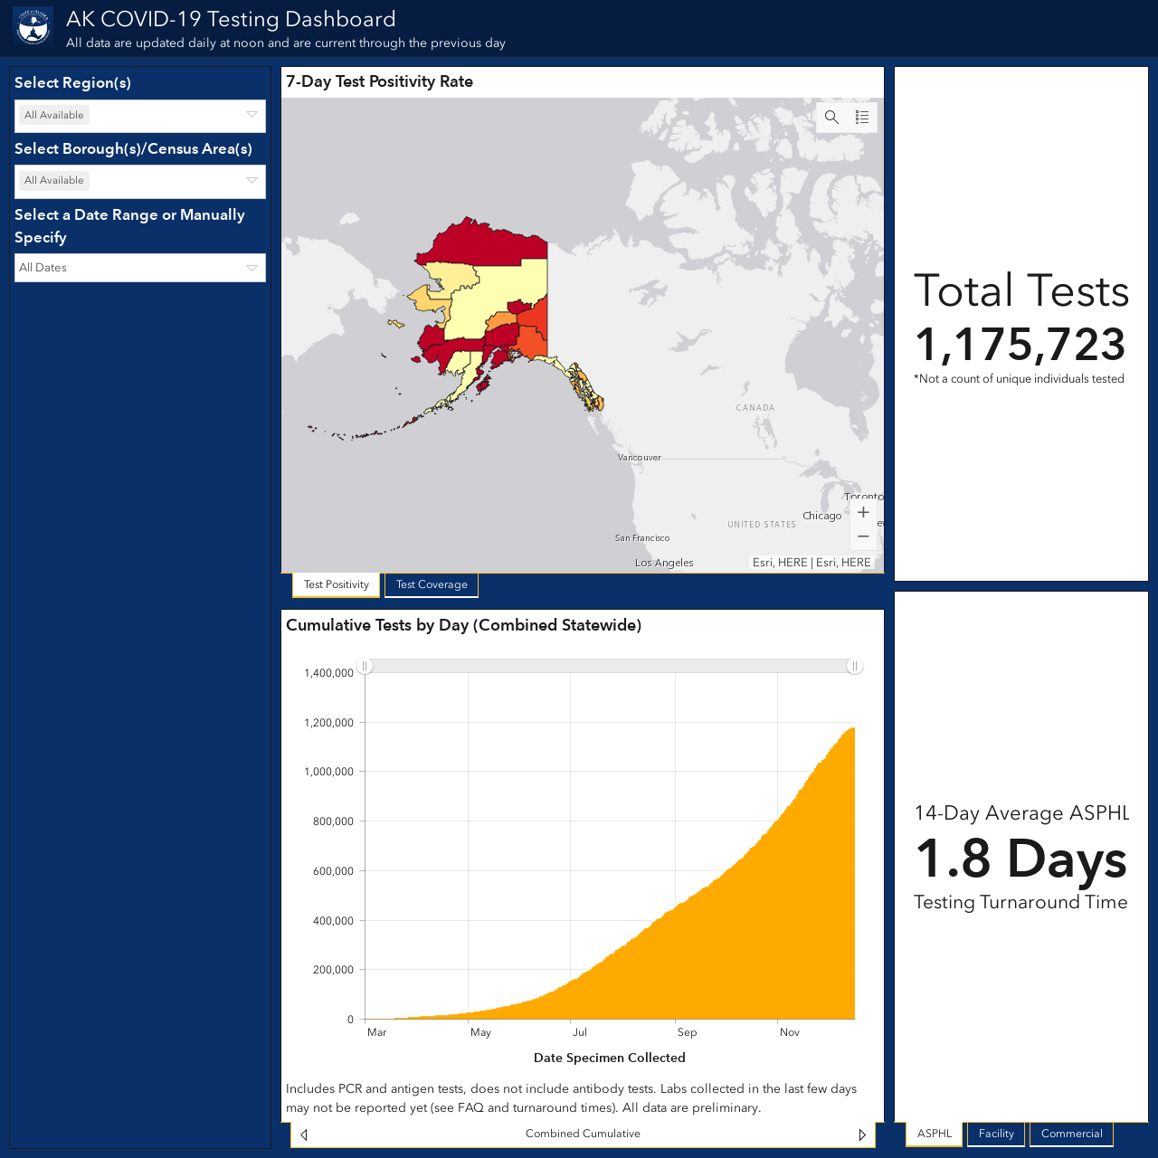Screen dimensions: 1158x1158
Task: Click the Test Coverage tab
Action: tap(432, 584)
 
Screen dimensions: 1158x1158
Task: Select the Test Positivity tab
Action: tap(336, 584)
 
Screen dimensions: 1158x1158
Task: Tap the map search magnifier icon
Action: tap(831, 118)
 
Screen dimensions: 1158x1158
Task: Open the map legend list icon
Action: tap(862, 118)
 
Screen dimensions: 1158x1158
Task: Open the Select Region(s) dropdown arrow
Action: tap(252, 115)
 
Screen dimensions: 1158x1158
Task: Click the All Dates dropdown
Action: tap(140, 268)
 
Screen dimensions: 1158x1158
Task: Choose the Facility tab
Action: tap(996, 1134)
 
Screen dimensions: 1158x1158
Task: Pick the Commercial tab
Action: tap(1071, 1134)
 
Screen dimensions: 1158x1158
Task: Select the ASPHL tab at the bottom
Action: tap(935, 1134)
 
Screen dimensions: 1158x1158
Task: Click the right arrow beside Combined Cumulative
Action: tap(862, 1134)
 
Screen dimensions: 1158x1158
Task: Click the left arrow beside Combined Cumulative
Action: tap(304, 1134)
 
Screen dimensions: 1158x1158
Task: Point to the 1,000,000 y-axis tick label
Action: tap(328, 772)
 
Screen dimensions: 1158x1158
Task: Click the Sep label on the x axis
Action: tap(687, 1032)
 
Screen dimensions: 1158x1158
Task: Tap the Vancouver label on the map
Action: tap(639, 457)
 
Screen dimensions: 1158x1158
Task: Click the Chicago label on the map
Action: tap(821, 516)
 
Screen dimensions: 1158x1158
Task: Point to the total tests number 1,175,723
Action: tap(1020, 345)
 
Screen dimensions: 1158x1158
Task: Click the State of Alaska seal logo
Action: tap(33, 27)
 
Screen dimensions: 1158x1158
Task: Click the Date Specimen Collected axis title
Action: tap(610, 1058)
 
